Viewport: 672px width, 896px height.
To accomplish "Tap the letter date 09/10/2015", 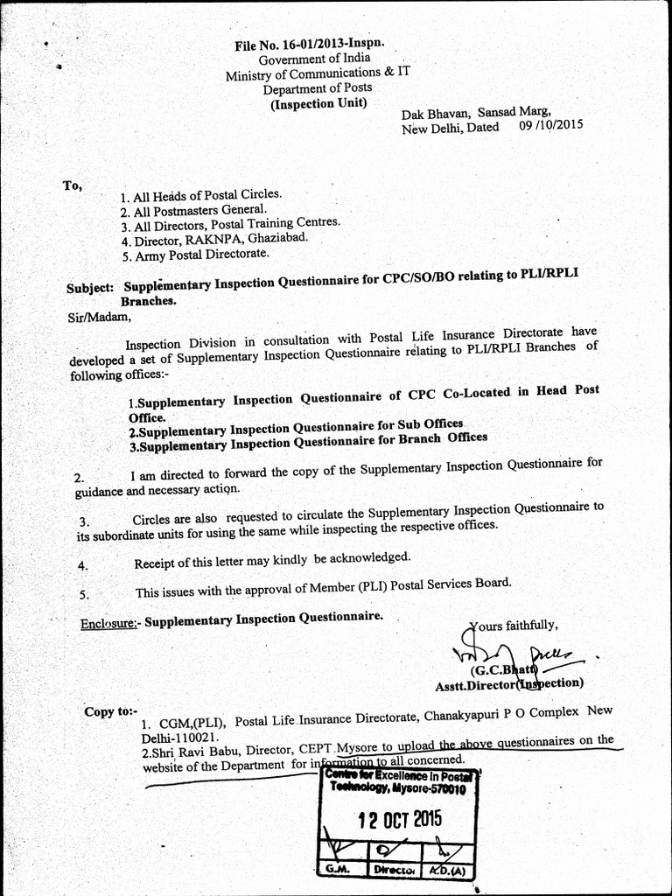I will coord(550,124).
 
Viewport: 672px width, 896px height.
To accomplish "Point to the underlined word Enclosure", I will coord(109,623).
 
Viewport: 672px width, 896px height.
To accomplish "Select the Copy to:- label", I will coord(111,711).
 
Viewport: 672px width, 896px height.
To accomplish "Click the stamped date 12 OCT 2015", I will coord(401,820).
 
